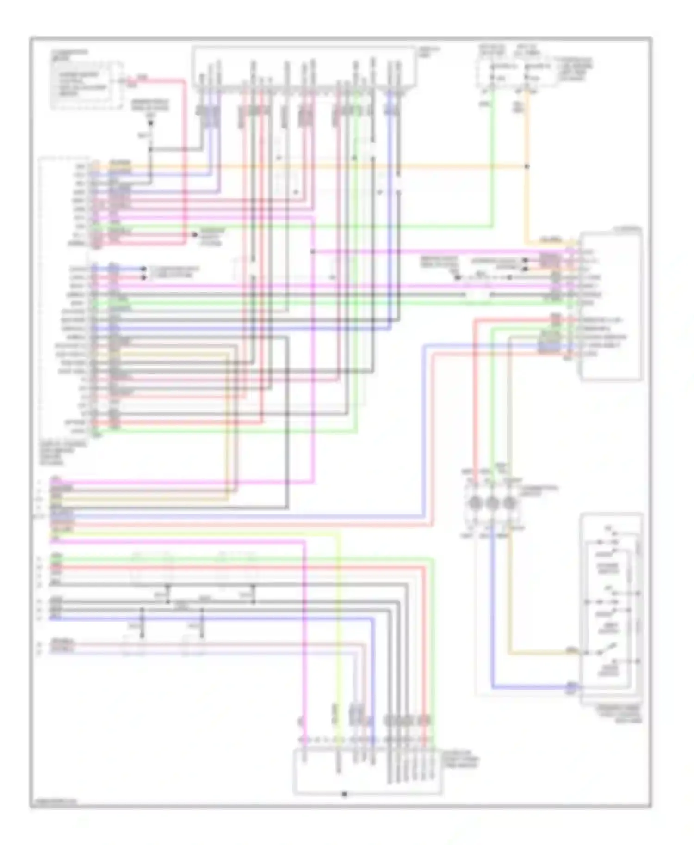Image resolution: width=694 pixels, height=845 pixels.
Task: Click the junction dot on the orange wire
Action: tap(527, 166)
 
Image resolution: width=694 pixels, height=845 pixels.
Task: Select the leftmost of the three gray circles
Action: tap(476, 503)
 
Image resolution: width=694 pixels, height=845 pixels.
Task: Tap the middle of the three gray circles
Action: tap(492, 503)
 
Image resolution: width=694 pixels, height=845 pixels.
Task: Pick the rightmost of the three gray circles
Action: tap(509, 503)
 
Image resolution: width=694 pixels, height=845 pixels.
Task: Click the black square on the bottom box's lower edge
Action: tap(344, 794)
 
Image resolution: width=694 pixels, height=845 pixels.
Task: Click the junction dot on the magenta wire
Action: tap(313, 252)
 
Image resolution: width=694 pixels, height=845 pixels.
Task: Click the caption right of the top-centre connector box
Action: tap(428, 51)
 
